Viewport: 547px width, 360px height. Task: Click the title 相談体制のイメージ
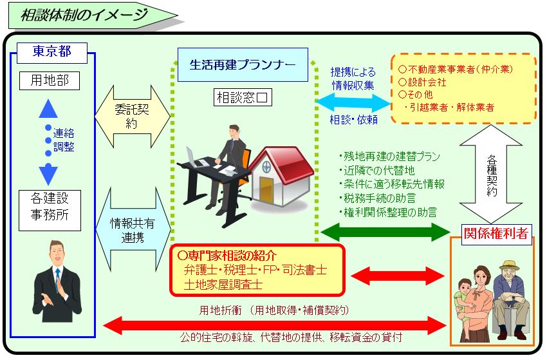tap(84, 15)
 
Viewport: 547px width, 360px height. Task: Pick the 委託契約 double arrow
tap(132, 117)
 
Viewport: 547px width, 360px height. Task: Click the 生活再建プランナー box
tap(243, 64)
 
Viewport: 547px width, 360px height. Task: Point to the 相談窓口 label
tap(243, 98)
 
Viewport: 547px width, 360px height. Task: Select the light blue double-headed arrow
tap(353, 102)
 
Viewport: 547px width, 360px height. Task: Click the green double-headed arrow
tap(386, 231)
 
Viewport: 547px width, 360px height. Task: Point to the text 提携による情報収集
tap(353, 78)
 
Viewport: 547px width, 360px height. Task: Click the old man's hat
tap(510, 265)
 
